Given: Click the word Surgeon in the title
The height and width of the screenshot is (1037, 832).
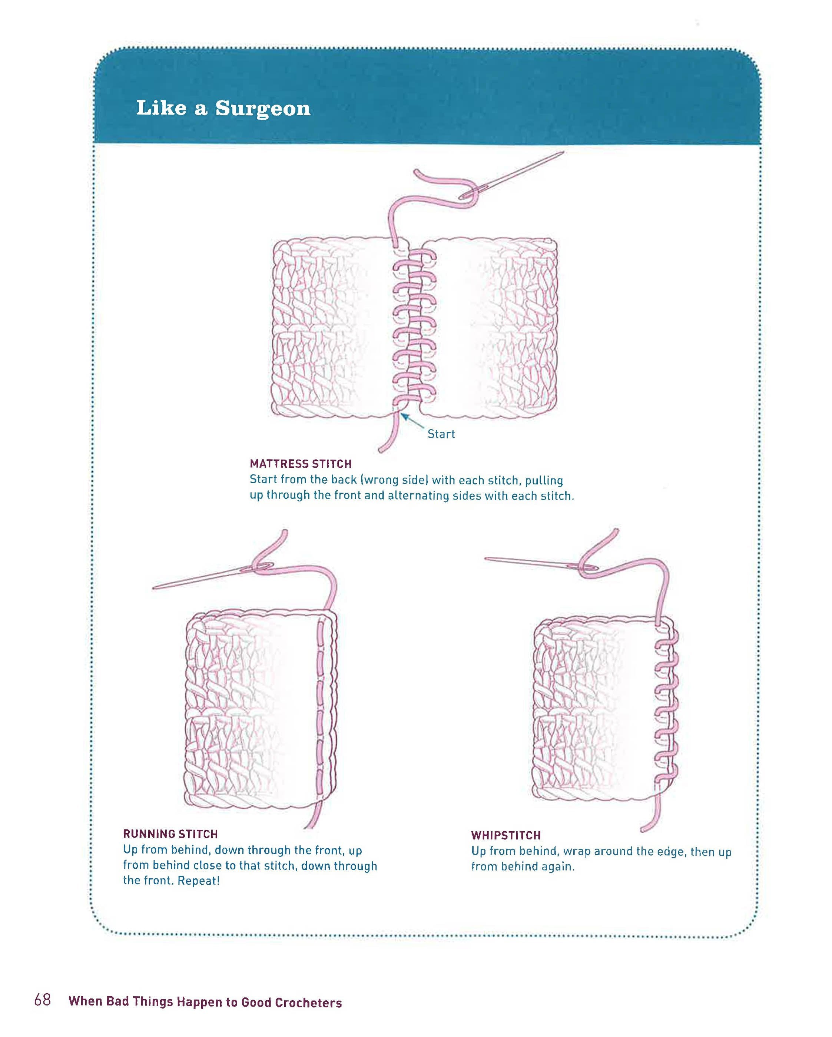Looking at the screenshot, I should coord(263,109).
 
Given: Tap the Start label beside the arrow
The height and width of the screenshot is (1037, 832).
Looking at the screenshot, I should coord(441,434).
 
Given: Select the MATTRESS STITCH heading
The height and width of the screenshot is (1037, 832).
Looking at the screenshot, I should coord(301,464).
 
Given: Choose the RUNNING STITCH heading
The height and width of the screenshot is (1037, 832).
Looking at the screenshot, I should coord(170,834).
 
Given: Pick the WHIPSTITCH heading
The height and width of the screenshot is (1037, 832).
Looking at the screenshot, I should coord(506,835).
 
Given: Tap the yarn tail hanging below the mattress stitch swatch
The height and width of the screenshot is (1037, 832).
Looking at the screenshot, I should coord(388,435).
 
